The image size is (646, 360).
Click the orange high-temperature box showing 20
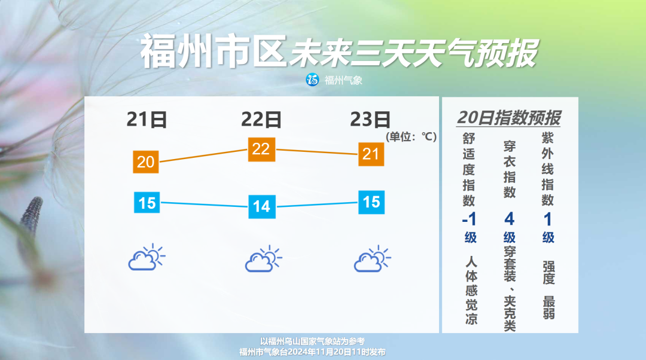tap(146, 162)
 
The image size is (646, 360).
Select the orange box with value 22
tap(261, 149)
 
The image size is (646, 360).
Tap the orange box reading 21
tap(371, 154)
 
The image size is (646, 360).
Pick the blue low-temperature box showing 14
tap(261, 206)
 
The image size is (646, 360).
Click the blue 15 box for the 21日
tap(147, 203)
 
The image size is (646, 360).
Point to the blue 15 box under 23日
tap(371, 202)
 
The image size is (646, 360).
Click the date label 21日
tap(147, 120)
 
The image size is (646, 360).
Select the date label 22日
tap(261, 120)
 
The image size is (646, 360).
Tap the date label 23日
tap(370, 120)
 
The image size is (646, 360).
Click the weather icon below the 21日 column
tap(147, 257)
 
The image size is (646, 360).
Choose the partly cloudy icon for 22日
tap(263, 259)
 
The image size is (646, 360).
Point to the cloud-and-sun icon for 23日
tap(372, 259)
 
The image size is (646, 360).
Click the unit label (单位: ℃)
tap(411, 137)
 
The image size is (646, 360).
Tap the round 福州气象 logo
tap(312, 80)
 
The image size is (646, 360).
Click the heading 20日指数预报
tap(509, 118)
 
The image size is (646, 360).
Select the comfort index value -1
tap(470, 219)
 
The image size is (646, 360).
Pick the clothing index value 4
tap(509, 219)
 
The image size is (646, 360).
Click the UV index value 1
tap(547, 219)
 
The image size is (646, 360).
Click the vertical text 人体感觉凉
tap(471, 291)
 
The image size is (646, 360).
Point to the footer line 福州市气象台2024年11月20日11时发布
tap(312, 352)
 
